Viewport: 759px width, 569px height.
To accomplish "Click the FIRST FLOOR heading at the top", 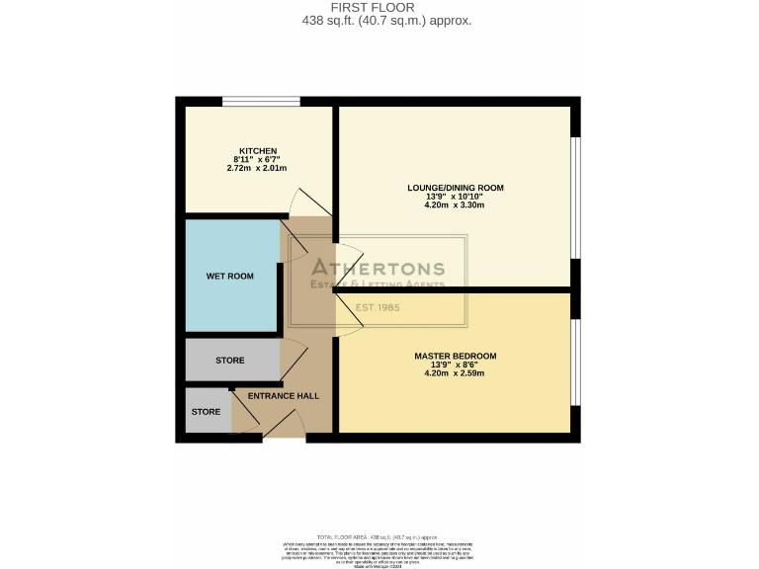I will click(x=379, y=7).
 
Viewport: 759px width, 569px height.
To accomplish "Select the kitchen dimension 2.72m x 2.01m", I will click(x=256, y=169).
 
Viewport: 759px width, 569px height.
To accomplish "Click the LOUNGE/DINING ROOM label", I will click(x=456, y=187).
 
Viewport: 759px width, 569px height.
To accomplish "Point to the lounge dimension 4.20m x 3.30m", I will click(x=456, y=204).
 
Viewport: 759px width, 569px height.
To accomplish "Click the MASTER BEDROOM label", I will click(x=456, y=356).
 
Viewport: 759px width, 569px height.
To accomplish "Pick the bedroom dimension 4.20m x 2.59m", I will click(x=456, y=373).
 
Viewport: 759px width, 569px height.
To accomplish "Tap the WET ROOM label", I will click(x=229, y=277).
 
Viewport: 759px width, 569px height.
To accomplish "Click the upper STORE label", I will click(x=230, y=361).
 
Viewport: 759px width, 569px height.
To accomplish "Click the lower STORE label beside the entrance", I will click(x=206, y=411).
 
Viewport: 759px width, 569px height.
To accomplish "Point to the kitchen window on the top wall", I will click(x=261, y=101).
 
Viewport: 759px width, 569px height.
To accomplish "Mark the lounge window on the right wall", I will click(x=576, y=198).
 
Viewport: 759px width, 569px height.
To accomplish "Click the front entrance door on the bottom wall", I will click(x=285, y=436).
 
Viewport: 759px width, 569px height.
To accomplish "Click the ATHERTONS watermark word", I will click(x=379, y=269).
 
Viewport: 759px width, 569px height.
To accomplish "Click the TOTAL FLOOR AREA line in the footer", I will click(x=379, y=534).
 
